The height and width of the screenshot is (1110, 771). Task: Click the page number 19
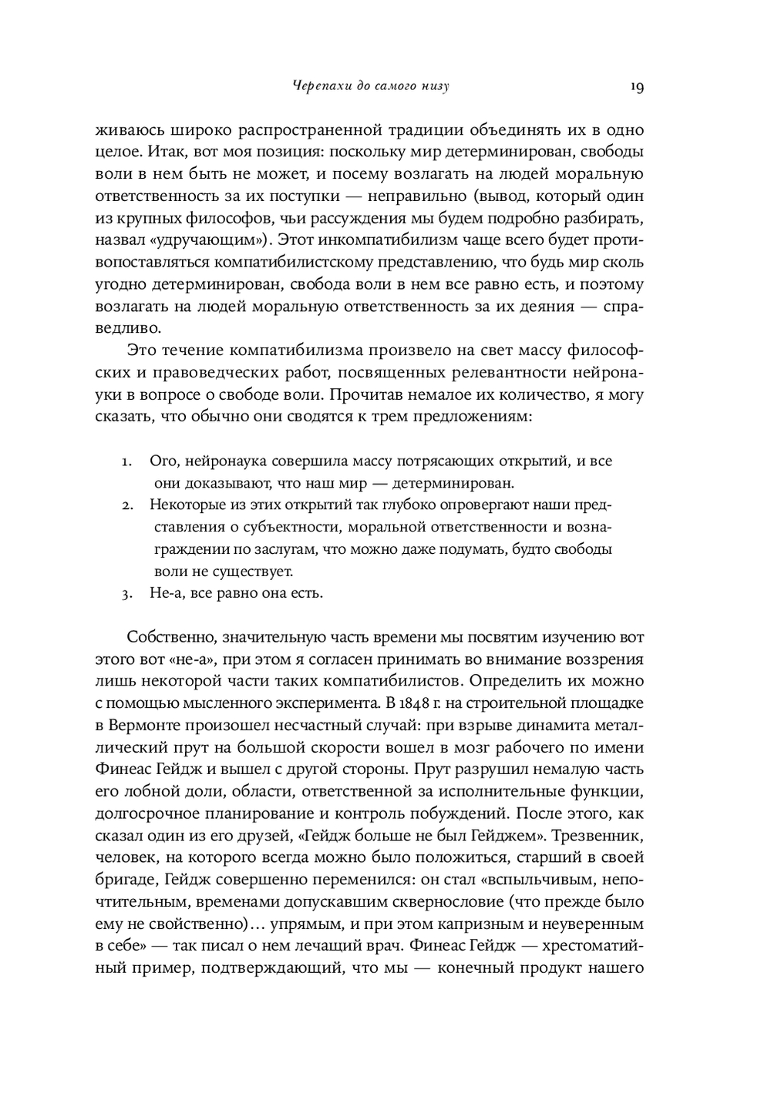tap(636, 86)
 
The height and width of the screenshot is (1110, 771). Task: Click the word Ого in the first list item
tap(163, 461)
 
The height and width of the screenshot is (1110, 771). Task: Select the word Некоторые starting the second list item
tap(183, 505)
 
